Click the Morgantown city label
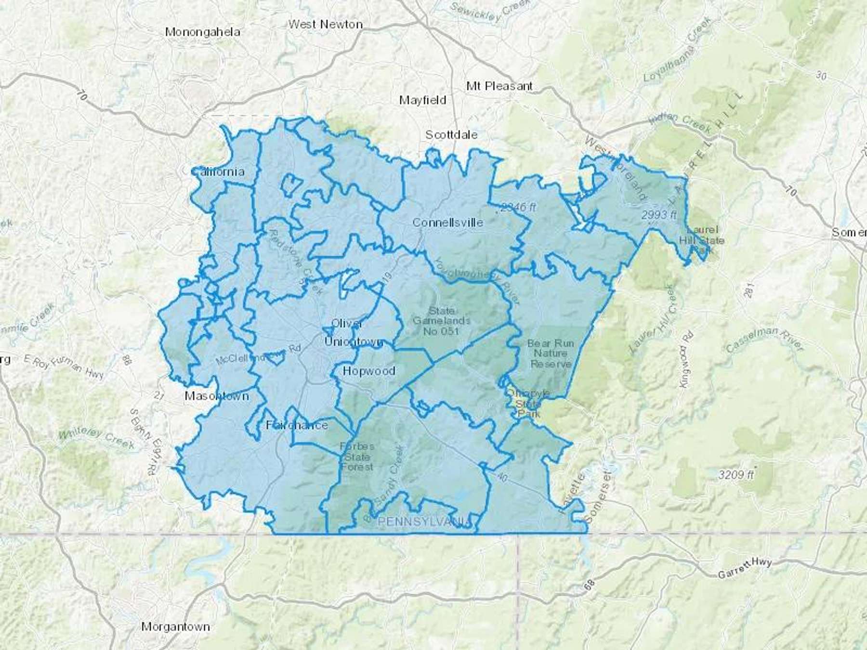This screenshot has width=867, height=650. (x=175, y=627)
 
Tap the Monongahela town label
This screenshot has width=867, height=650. (x=202, y=32)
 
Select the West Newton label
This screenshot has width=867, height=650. (x=325, y=24)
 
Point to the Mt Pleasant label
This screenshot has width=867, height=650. (x=499, y=86)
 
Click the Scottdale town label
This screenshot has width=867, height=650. (x=451, y=135)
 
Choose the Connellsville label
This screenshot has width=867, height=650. (x=447, y=222)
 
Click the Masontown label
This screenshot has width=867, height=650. (x=217, y=396)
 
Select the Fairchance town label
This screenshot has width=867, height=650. (x=297, y=425)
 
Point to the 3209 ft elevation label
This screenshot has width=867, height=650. (x=736, y=475)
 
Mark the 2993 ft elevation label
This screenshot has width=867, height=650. (x=658, y=215)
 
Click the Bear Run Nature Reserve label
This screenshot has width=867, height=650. (x=551, y=354)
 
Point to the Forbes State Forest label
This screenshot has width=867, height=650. (x=357, y=456)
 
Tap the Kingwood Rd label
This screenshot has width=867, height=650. (x=686, y=359)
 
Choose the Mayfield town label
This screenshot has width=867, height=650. (x=422, y=100)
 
